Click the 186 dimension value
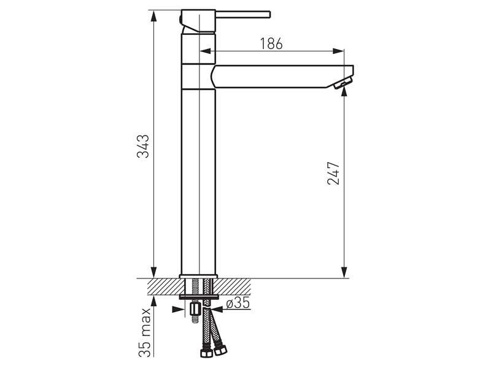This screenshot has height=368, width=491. point(271,44)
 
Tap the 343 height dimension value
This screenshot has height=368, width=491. point(143,146)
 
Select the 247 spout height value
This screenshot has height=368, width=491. point(333,174)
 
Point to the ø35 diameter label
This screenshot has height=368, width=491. point(238,303)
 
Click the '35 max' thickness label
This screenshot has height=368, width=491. point(145,332)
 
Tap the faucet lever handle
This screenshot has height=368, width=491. point(242,15)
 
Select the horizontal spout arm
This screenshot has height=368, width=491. point(282,77)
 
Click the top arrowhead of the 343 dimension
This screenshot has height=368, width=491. point(153,16)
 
